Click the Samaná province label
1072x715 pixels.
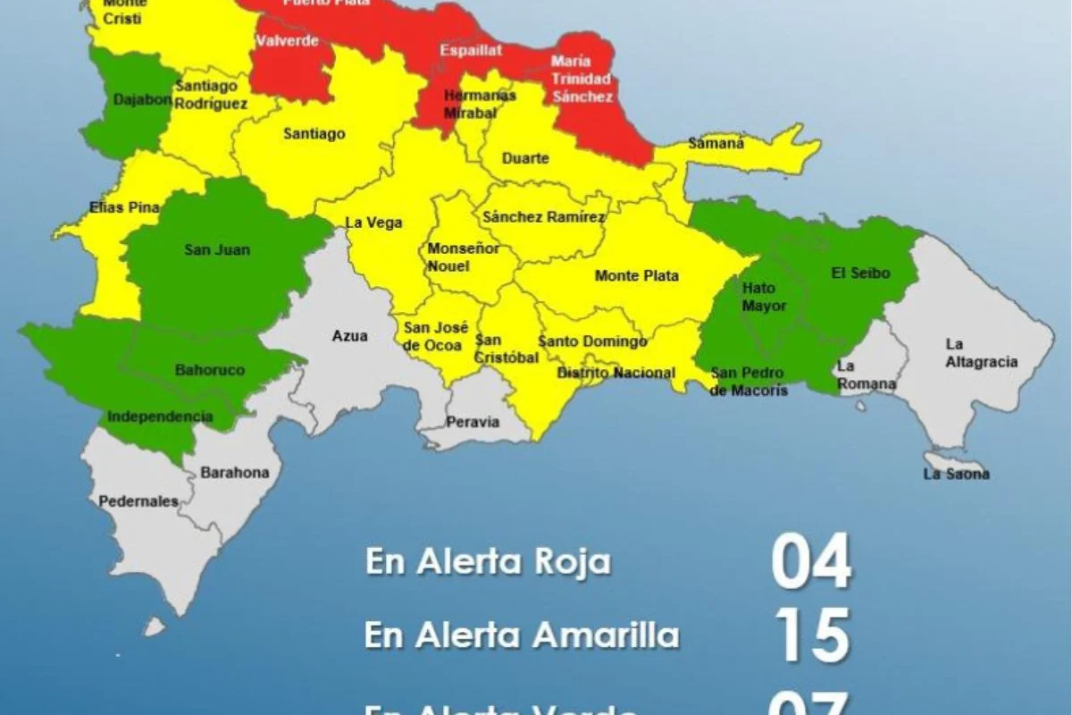click(x=716, y=143)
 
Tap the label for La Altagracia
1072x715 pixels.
click(x=981, y=353)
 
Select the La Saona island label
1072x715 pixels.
click(x=956, y=474)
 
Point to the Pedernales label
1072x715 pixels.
click(x=138, y=501)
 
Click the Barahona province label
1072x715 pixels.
click(x=234, y=473)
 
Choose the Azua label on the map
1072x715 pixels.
click(x=349, y=336)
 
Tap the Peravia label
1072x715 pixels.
click(x=473, y=422)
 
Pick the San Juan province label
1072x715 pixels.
click(x=217, y=250)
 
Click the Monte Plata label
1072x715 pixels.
click(x=636, y=276)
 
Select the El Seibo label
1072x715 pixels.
click(x=860, y=273)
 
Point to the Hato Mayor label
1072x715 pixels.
click(x=764, y=297)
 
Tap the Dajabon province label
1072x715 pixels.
click(x=142, y=100)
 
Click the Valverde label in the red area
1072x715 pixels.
click(x=287, y=41)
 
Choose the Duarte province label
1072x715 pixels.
click(x=525, y=158)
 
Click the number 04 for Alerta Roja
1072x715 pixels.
click(x=811, y=561)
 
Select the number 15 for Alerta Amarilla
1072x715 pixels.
click(x=811, y=635)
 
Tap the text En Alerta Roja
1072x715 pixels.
click(x=488, y=562)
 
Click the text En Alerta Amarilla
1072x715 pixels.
click(x=522, y=635)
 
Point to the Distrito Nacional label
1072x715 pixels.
click(x=616, y=373)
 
